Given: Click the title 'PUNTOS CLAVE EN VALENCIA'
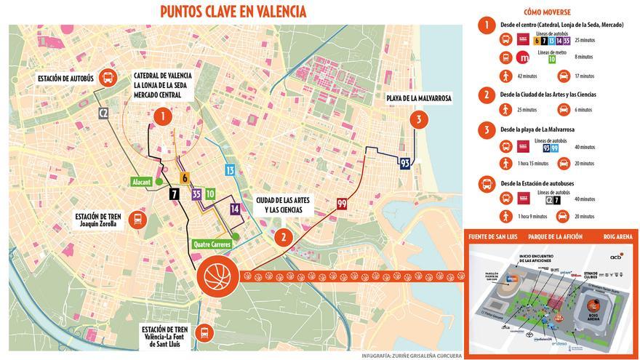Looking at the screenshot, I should (x=233, y=12).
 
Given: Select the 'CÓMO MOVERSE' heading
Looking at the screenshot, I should (x=546, y=12).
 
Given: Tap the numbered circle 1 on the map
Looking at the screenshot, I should (x=162, y=115).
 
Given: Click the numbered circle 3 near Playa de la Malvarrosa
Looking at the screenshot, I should (x=418, y=119).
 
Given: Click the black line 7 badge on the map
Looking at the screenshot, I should (x=174, y=194).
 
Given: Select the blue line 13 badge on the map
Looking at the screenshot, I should (x=230, y=170).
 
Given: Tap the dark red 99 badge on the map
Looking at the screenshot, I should (x=341, y=205).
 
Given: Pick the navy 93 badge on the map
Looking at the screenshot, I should (x=406, y=163).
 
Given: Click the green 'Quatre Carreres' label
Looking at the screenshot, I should (x=212, y=244).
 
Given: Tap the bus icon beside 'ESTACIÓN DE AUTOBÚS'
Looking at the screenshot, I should (x=108, y=77).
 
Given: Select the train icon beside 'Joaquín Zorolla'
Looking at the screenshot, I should (x=136, y=220).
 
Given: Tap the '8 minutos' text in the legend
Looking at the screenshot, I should (x=584, y=57).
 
